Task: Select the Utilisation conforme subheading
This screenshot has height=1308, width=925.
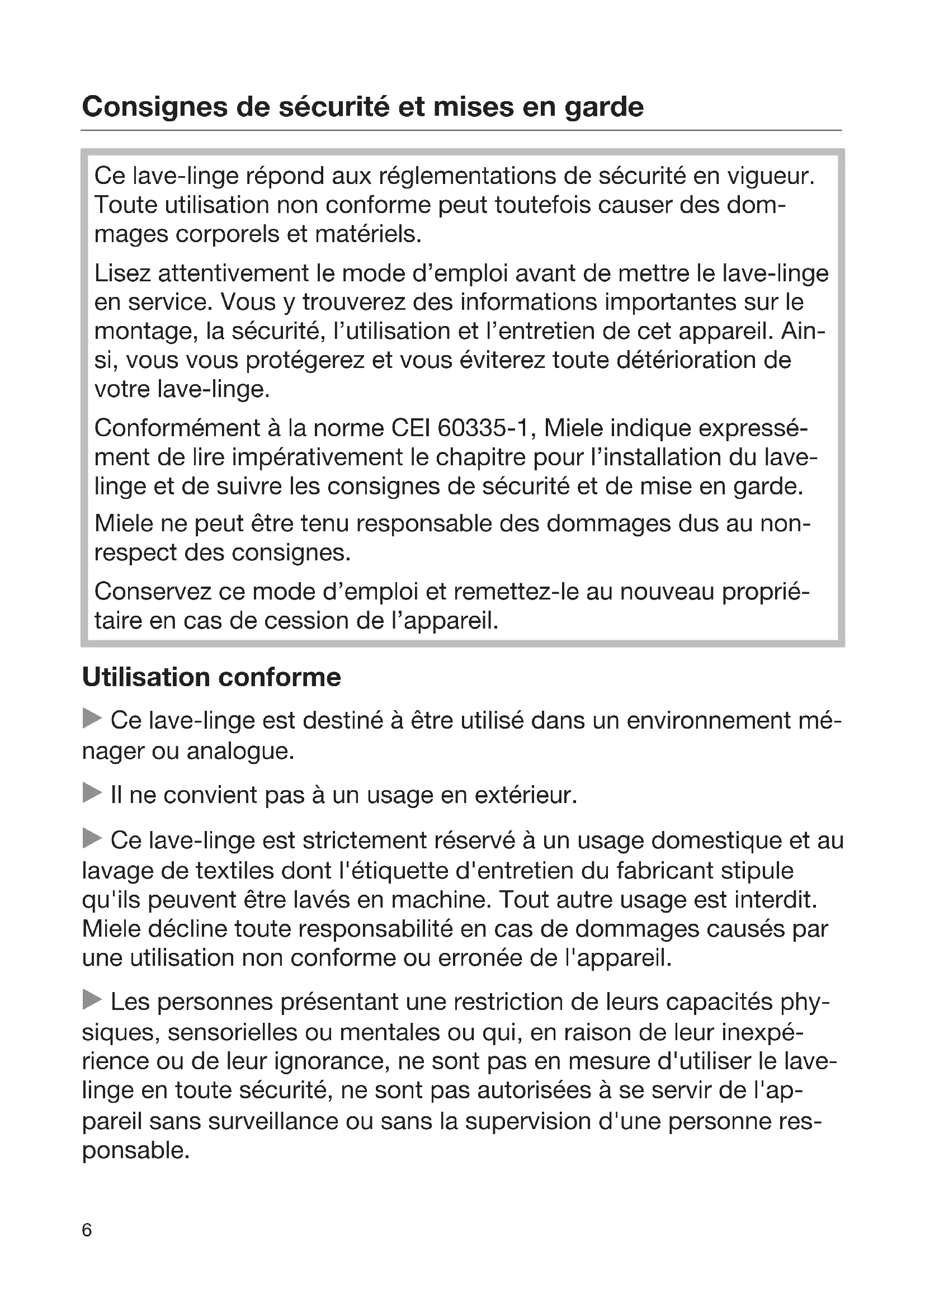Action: click(211, 677)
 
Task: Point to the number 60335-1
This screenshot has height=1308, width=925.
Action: click(486, 428)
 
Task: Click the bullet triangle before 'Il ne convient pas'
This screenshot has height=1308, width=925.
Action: click(92, 794)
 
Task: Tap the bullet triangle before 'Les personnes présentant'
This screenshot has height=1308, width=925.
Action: click(92, 999)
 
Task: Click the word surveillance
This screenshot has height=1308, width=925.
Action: click(277, 1121)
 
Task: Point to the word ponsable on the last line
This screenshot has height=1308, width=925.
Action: click(135, 1151)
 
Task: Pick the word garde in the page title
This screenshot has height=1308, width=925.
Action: click(604, 107)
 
